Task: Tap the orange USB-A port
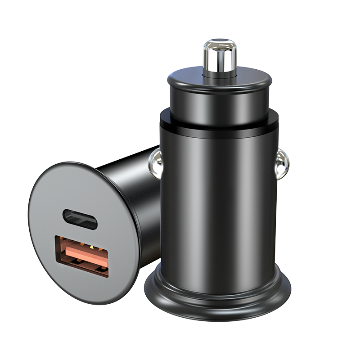(x=82, y=255)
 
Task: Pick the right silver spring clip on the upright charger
(x=283, y=163)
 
